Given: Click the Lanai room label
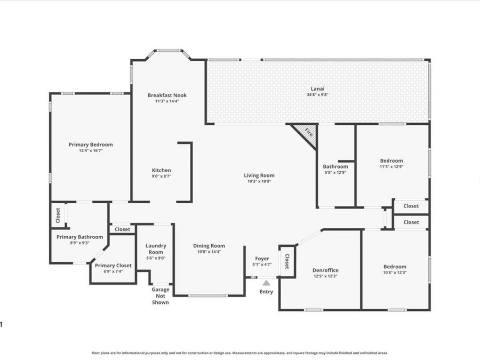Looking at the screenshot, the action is (x=317, y=89).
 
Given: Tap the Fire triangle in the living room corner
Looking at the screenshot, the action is (x=307, y=133).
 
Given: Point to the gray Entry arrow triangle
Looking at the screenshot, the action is (x=266, y=283).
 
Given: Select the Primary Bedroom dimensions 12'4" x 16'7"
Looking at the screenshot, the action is (x=91, y=150).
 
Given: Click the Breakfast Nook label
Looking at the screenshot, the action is (x=167, y=95).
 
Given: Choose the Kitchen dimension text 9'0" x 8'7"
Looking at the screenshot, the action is (x=161, y=176).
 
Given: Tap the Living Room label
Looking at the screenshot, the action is (x=259, y=175).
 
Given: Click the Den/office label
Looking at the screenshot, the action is (x=325, y=270).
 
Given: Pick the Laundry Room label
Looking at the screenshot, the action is (x=156, y=249).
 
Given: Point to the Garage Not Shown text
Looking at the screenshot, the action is (x=161, y=295).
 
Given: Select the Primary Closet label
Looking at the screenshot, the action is (x=113, y=266).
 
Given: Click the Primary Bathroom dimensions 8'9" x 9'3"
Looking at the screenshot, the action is (x=79, y=243).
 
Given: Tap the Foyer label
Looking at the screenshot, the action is (x=262, y=259).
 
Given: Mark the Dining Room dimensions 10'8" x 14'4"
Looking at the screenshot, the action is (x=209, y=252).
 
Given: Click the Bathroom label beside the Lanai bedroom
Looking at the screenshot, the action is (x=335, y=166).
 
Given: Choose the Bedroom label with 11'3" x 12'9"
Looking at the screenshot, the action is (x=391, y=161).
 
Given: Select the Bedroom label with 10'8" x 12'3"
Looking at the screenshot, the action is (x=395, y=267).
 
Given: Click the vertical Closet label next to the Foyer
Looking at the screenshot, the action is (x=287, y=261).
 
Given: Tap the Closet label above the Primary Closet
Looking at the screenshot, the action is (x=123, y=229).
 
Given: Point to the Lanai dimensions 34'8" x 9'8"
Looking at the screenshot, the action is (x=317, y=94).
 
